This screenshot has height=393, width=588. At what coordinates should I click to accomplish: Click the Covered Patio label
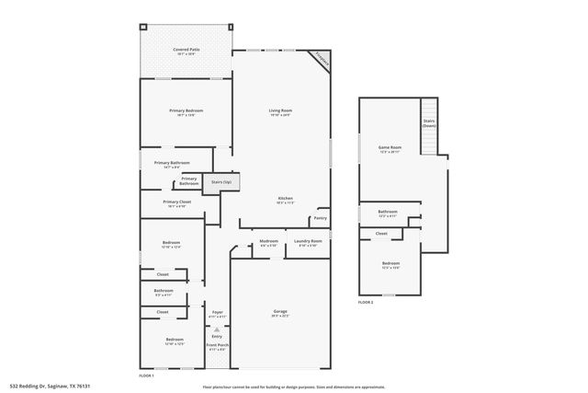click(x=187, y=50)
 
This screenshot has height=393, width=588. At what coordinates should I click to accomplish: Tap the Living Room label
click(x=280, y=111)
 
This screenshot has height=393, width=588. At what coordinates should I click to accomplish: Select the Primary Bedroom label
click(x=186, y=111)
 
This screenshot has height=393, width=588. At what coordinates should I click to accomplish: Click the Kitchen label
click(x=286, y=199)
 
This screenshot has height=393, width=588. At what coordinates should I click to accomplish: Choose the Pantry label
click(x=320, y=218)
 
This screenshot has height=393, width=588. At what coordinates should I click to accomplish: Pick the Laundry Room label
click(x=308, y=242)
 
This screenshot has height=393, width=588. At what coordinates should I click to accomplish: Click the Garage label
click(x=280, y=312)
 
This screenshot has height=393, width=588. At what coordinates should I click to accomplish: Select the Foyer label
click(x=218, y=312)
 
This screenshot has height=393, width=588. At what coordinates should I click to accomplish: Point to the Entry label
click(x=218, y=336)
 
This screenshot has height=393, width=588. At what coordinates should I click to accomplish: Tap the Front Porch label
click(x=218, y=346)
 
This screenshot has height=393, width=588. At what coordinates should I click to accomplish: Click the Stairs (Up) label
click(x=221, y=182)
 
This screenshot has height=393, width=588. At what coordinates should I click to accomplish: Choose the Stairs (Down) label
click(x=429, y=122)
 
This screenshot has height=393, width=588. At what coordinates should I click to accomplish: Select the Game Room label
click(x=390, y=148)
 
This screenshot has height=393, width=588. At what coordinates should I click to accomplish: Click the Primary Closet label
click(x=177, y=202)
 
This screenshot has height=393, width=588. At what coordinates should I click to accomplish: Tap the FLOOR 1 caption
click(x=146, y=376)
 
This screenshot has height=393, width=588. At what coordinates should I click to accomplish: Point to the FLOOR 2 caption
click(x=366, y=302)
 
